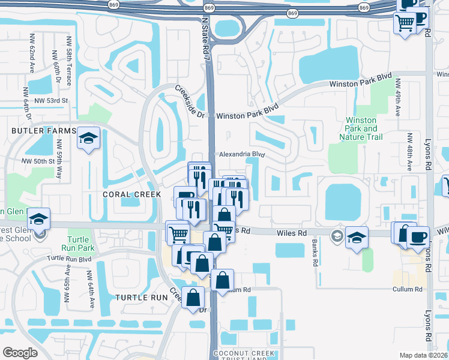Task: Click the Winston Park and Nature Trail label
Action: (362, 128)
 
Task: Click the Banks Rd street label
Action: (314, 253)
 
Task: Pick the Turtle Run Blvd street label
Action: (69, 259)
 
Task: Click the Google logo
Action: (20, 353)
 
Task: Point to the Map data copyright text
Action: (424, 355)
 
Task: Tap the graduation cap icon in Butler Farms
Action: (88, 139)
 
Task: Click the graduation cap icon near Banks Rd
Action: (357, 238)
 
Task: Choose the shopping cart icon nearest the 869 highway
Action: (405, 23)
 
